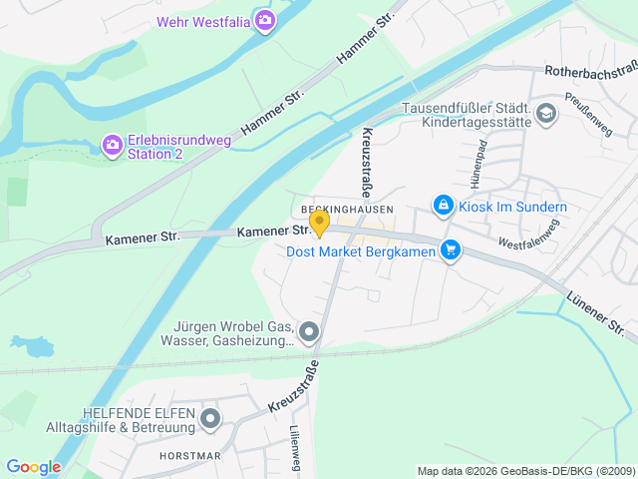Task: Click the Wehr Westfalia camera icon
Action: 264,20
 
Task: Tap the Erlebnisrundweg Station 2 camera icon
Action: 113,147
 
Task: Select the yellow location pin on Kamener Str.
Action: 319,223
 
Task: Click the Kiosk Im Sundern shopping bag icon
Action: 443,206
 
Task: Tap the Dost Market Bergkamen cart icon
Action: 451,250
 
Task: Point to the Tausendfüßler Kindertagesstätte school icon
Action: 545,114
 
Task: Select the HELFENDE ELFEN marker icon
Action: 209,419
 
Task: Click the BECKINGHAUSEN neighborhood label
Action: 341,209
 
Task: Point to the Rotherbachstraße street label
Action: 590,71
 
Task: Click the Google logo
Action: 33,466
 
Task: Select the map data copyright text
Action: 524,471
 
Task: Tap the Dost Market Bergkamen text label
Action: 362,251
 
